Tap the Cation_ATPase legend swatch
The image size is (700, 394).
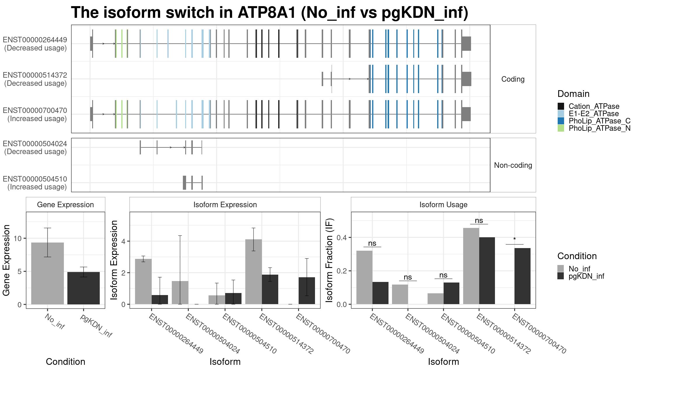point(561,106)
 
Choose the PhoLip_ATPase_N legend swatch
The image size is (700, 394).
point(561,128)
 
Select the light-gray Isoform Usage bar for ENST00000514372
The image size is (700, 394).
point(471,266)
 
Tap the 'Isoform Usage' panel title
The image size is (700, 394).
point(443,205)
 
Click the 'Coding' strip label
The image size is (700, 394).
point(513,79)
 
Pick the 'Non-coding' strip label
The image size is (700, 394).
point(513,165)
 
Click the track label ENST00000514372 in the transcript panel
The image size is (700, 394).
point(35,75)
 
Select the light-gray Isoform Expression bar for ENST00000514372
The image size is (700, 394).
point(253,272)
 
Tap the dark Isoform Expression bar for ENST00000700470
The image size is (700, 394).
point(307,291)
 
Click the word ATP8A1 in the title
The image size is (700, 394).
point(267,13)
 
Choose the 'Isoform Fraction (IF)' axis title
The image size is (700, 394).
point(330,260)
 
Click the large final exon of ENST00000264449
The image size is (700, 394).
point(466,44)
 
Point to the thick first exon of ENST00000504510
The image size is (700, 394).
point(184,183)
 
